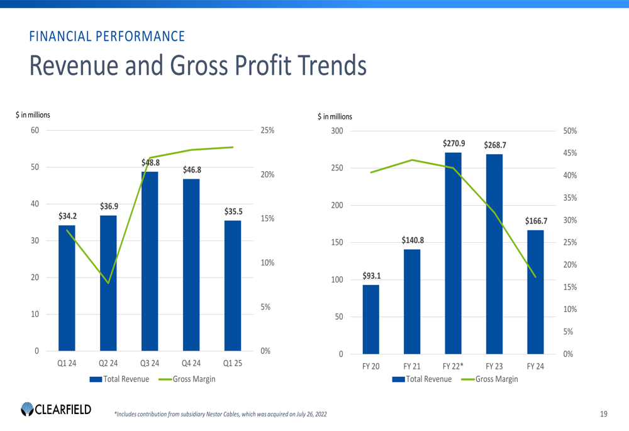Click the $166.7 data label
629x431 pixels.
536,221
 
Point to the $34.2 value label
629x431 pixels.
67,216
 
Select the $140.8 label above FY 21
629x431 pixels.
413,240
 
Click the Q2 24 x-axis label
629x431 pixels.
108,364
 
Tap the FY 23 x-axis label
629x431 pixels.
494,366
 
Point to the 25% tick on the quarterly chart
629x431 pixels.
267,130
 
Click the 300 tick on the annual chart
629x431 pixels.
337,131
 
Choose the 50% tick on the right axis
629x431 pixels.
571,131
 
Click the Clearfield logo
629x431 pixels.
56,409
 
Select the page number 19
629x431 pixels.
604,413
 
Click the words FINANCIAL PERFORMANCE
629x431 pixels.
107,36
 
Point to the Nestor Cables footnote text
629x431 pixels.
220,414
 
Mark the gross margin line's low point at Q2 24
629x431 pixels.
108,283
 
